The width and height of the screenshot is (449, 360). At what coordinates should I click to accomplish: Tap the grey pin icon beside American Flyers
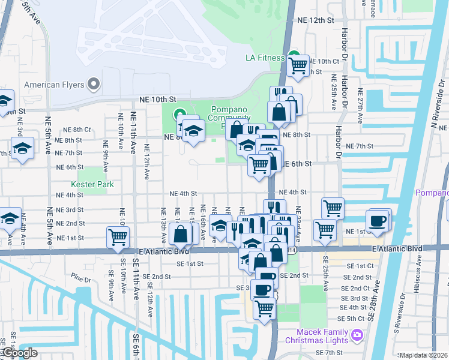pyautogui.click(x=93, y=85)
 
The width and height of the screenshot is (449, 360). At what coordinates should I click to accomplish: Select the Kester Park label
pyautogui.click(x=91, y=184)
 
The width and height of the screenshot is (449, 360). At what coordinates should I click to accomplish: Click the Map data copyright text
pyautogui.click(x=423, y=355)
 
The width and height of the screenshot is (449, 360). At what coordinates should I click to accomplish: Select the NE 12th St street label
pyautogui.click(x=315, y=20)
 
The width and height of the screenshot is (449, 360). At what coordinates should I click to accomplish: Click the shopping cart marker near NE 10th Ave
pyautogui.click(x=117, y=236)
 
